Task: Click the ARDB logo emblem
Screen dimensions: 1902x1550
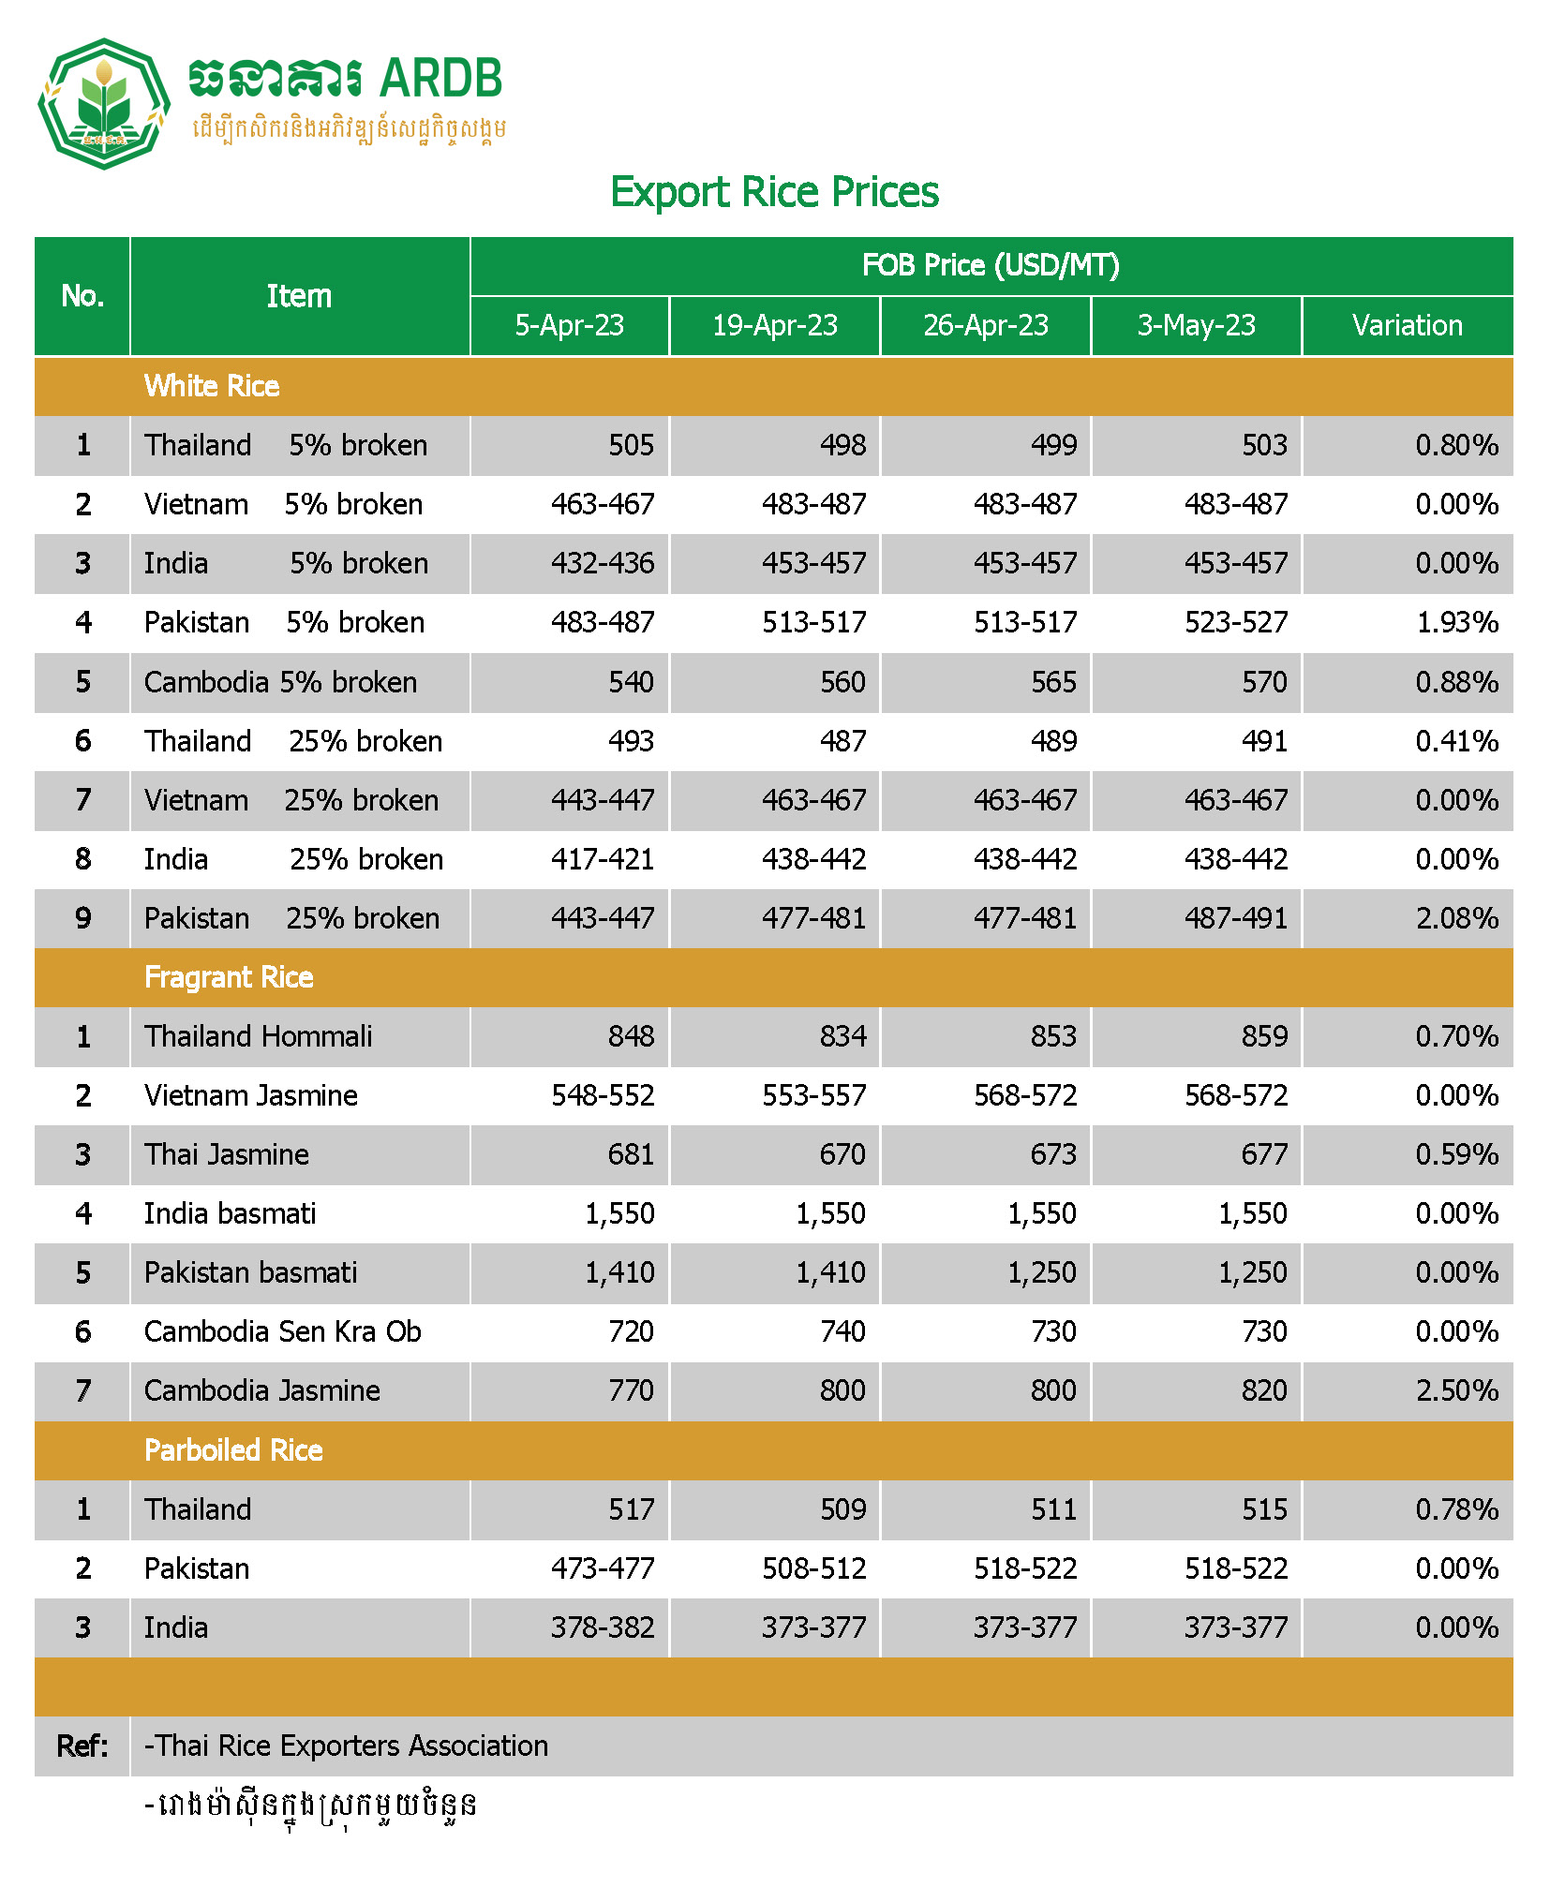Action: coord(103,103)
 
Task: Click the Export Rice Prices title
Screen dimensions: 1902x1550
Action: coord(774,192)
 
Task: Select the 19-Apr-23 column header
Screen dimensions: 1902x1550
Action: coord(774,325)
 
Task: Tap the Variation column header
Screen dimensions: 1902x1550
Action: coord(1407,325)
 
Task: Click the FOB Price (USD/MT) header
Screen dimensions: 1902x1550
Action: coord(991,265)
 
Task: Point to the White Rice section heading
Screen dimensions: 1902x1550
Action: coord(212,386)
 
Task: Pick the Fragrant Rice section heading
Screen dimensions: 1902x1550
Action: coord(229,977)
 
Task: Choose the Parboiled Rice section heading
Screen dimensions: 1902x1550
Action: coord(233,1450)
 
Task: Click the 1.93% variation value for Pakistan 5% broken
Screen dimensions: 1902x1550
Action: coord(1456,622)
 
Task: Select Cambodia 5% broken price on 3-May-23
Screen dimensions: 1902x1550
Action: coord(1264,682)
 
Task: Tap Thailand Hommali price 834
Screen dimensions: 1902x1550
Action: coord(842,1036)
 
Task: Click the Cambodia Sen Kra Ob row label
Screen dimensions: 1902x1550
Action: coord(282,1331)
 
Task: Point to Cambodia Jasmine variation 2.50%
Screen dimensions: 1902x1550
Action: coord(1456,1390)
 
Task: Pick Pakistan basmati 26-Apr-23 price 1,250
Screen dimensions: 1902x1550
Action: coord(1041,1272)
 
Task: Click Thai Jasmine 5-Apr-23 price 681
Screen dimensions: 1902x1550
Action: coord(631,1154)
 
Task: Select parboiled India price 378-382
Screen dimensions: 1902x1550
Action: coord(602,1627)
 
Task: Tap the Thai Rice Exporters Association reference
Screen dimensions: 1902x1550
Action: coord(346,1746)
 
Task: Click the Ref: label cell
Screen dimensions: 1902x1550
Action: coord(82,1746)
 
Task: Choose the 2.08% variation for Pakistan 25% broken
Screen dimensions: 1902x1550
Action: coord(1456,918)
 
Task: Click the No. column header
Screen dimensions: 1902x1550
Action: coord(82,296)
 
